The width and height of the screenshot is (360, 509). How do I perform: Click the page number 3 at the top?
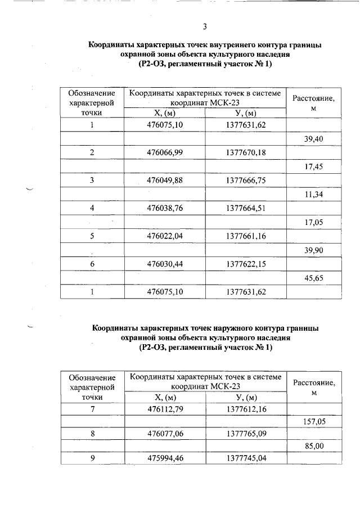tap(205, 26)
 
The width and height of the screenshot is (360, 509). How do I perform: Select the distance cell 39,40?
tap(313, 138)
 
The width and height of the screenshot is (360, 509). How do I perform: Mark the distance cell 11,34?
tap(313, 194)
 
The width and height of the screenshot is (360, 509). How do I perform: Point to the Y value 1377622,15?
tap(246, 263)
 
